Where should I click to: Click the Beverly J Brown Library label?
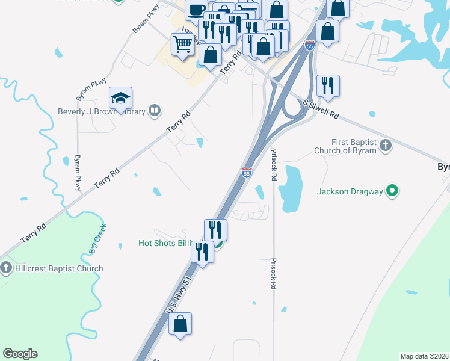click(100, 111)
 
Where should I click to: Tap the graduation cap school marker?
click(120, 98)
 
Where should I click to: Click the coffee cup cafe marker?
click(196, 10)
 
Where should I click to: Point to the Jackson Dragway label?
click(350, 192)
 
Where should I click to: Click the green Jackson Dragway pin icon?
click(393, 191)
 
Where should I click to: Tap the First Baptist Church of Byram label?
click(346, 146)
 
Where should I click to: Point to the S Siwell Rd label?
click(321, 109)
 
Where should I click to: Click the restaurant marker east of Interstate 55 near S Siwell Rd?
click(328, 86)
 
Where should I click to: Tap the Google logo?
click(20, 354)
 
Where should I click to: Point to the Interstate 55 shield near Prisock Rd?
click(246, 173)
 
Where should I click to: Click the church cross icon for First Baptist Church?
click(386, 146)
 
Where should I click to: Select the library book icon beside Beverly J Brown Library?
click(155, 111)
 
